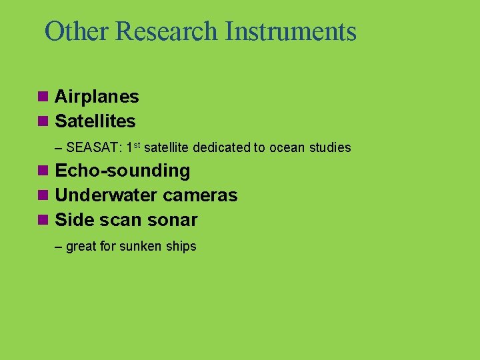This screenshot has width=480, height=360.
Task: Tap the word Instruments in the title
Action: [x=291, y=31]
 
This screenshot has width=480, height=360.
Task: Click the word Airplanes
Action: [x=97, y=97]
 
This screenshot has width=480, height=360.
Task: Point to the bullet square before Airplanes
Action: [x=43, y=97]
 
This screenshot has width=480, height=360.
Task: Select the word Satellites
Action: [x=95, y=121]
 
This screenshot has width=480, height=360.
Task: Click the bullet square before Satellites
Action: [x=43, y=121]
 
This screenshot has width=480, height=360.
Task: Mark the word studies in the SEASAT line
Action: [x=330, y=148]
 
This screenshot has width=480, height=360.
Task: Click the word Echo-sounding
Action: [x=122, y=171]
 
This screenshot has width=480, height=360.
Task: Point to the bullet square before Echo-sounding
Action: [x=43, y=171]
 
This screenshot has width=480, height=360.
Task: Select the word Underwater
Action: [x=106, y=195]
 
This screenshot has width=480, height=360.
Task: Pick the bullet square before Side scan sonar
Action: [x=43, y=220]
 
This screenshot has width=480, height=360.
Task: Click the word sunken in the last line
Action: [x=143, y=247]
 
